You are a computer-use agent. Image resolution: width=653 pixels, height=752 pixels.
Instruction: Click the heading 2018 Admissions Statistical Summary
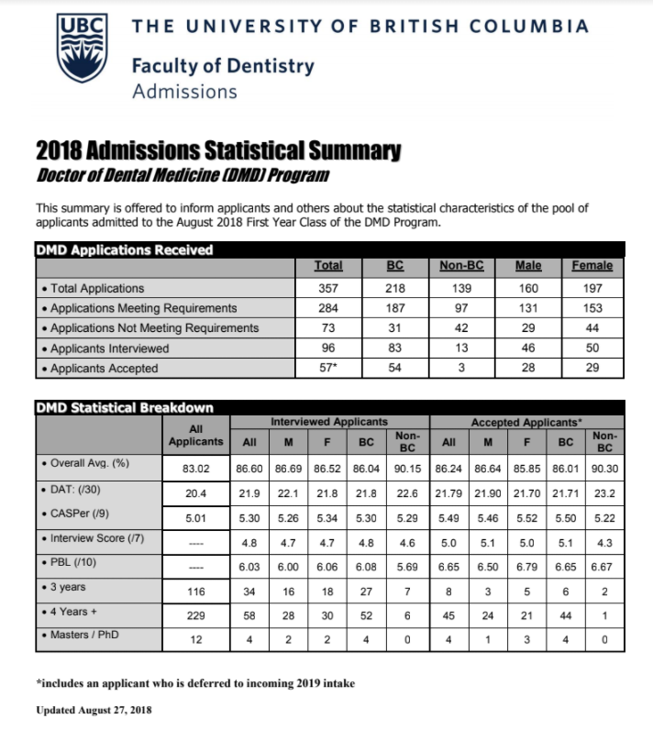point(218,150)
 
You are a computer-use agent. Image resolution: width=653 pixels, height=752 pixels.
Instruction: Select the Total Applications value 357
point(328,288)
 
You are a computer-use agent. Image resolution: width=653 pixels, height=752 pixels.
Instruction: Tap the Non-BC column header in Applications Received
point(462,266)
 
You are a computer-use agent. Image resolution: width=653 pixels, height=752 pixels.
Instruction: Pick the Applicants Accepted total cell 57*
point(328,369)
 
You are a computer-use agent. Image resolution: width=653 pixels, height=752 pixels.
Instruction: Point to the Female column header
point(592,266)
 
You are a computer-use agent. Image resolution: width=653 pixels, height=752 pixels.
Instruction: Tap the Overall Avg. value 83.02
point(194,468)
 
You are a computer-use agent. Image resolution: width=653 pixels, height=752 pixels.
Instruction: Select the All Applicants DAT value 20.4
point(194,492)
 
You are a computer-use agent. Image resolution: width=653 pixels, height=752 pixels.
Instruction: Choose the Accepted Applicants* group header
point(528,421)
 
